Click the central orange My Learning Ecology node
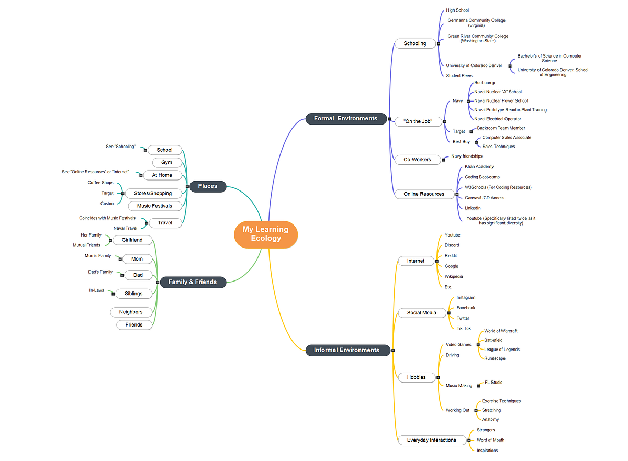[266, 234]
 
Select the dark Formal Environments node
[345, 119]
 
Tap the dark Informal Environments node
[346, 350]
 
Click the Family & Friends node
[192, 282]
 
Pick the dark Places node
[207, 186]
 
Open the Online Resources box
[423, 194]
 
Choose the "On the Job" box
[418, 121]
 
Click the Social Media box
[421, 313]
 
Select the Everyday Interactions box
[431, 440]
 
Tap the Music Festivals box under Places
[154, 206]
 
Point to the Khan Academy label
[479, 167]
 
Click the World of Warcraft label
[500, 331]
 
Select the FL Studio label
[493, 383]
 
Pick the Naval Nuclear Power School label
[501, 101]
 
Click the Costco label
[107, 204]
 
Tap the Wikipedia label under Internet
[453, 276]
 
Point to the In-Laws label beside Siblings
[96, 290]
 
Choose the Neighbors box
[130, 312]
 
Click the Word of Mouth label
[490, 440]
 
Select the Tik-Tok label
[464, 329]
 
